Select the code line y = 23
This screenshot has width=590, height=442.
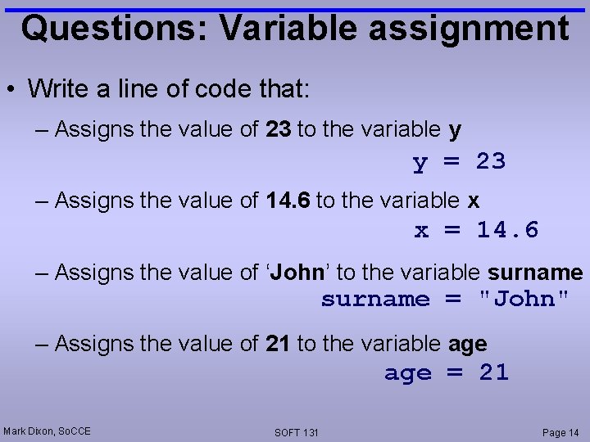[459, 162]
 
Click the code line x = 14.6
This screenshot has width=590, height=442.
[476, 230]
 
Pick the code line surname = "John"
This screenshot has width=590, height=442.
[444, 299]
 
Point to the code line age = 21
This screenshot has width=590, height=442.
[447, 372]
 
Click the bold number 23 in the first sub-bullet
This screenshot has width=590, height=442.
[278, 129]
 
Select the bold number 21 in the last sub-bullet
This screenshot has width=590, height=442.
[278, 345]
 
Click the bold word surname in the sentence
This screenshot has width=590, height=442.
[535, 272]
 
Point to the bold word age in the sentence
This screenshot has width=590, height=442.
[468, 345]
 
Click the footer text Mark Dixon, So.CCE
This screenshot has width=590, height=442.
[47, 431]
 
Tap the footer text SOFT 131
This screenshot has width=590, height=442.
[297, 432]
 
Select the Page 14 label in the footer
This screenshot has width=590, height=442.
[560, 432]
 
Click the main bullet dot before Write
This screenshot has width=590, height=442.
[11, 88]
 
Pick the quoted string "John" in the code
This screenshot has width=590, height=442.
[523, 299]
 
